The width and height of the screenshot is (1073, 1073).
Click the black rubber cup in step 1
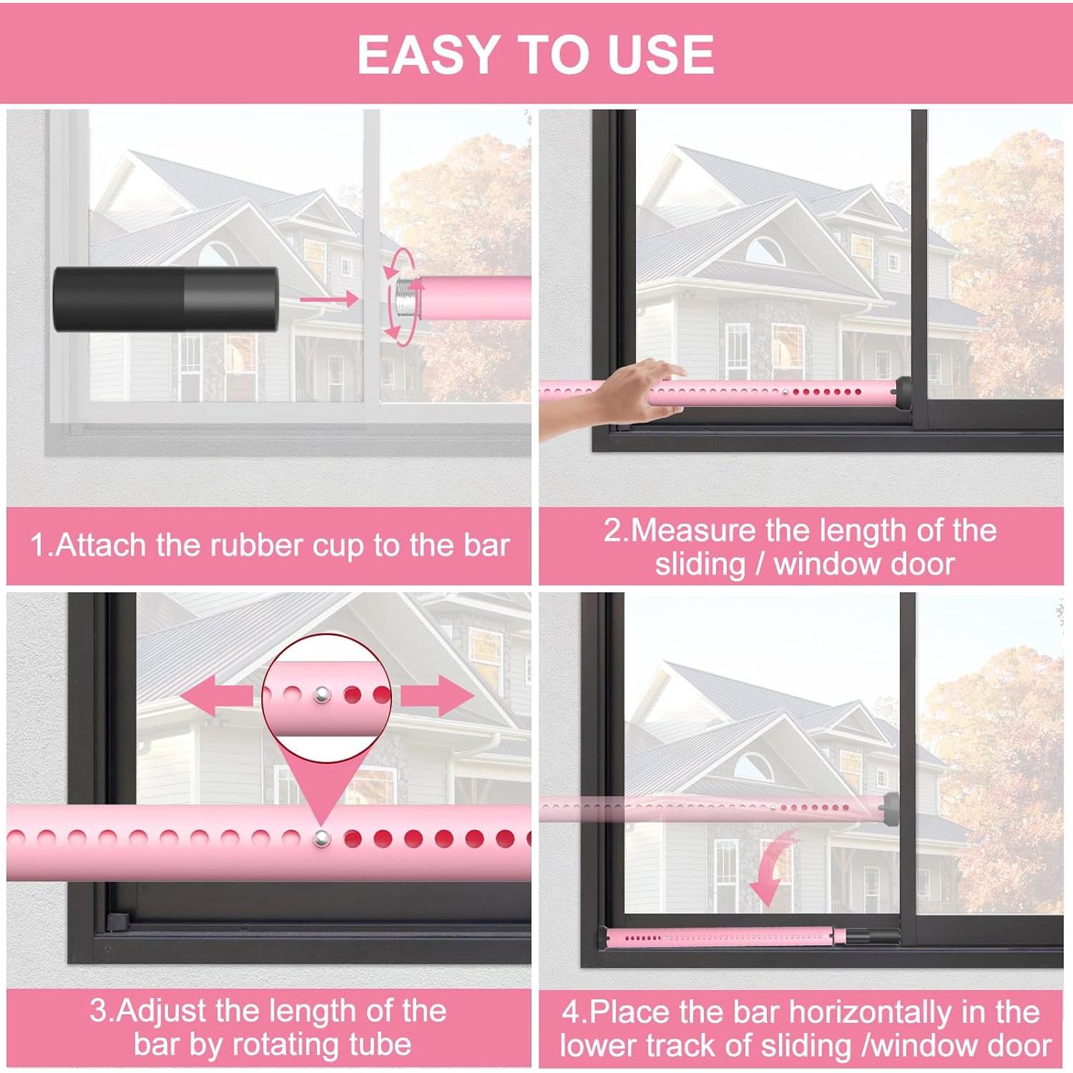(165, 299)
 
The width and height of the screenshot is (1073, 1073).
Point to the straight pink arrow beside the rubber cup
(329, 299)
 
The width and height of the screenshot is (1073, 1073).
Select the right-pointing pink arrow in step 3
(436, 695)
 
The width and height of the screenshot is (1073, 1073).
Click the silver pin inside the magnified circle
(323, 693)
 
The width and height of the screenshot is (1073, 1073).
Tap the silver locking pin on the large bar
(323, 838)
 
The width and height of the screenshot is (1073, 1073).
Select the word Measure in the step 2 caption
(693, 531)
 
